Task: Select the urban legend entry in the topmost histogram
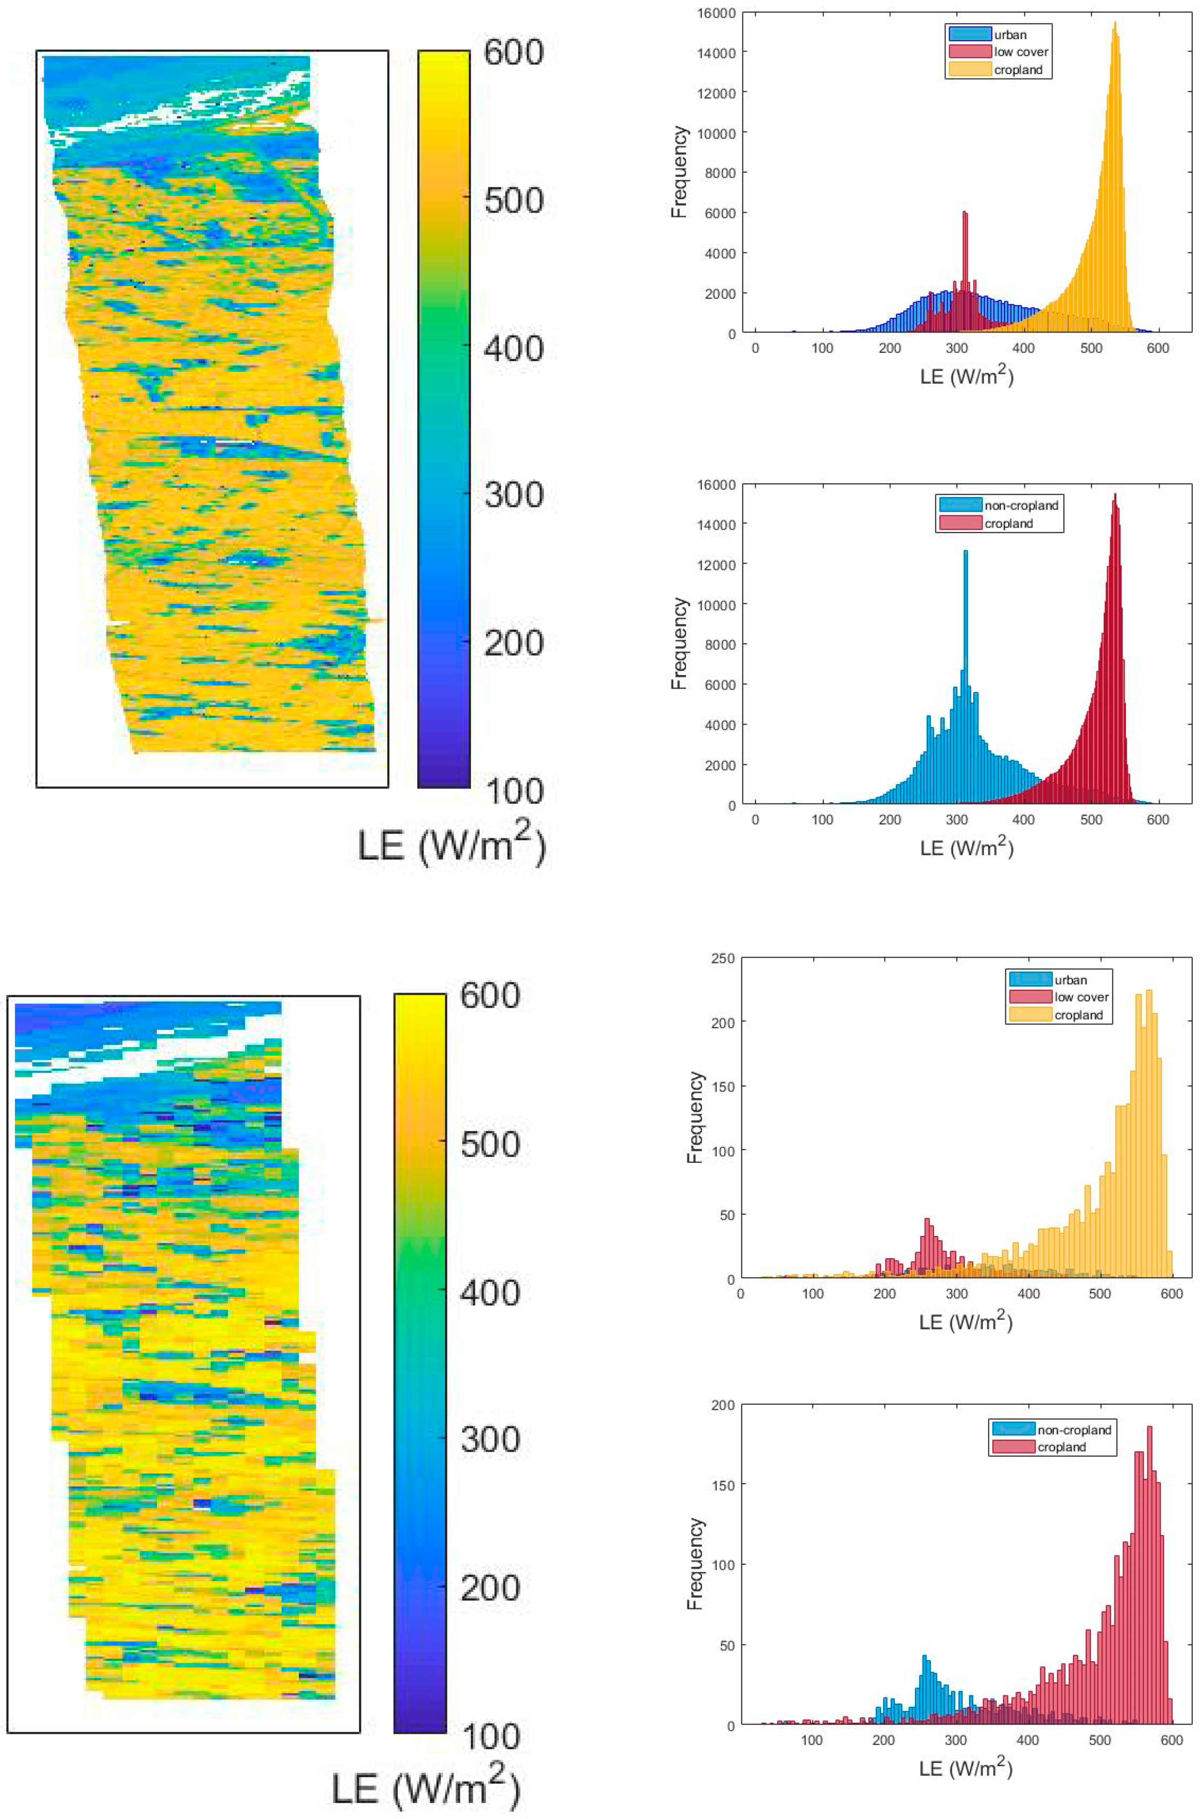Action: [1009, 35]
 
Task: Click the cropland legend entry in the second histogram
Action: [1008, 523]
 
